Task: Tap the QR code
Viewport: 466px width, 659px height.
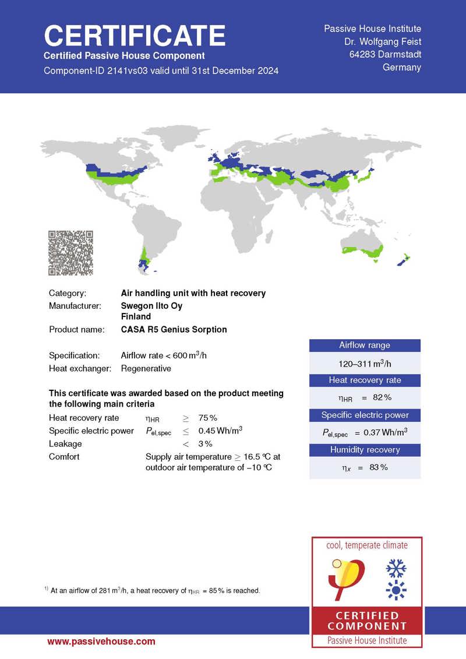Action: (70, 253)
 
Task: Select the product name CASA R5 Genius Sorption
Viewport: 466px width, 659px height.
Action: (174, 329)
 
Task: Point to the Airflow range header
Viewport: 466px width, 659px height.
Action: (365, 346)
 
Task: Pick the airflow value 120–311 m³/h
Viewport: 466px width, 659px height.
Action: (365, 363)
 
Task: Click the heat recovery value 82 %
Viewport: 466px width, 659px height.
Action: (365, 397)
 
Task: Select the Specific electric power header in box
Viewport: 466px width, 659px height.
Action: (365, 415)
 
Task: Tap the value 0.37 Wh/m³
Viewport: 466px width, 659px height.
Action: (365, 432)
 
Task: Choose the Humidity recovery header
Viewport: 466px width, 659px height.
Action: (365, 450)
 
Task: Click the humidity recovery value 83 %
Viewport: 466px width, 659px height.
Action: (365, 467)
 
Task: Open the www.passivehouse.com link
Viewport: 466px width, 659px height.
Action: (101, 642)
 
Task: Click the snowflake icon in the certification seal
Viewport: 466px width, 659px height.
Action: (397, 569)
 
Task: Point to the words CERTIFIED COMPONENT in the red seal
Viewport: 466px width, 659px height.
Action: (367, 621)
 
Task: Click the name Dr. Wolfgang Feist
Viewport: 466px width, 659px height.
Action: (383, 41)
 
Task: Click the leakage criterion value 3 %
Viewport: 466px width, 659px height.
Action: (204, 444)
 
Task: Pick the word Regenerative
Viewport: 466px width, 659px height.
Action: (146, 368)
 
